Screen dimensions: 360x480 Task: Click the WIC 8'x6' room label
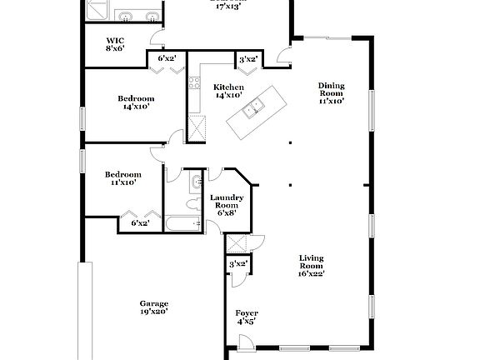coord(116,45)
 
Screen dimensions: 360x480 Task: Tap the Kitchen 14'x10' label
coord(228,92)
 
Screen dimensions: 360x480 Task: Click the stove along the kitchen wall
coord(194,82)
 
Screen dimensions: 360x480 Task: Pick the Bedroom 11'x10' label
coord(122,178)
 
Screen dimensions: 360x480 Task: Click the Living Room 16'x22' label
coord(311,266)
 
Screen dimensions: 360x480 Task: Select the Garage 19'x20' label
coord(153,307)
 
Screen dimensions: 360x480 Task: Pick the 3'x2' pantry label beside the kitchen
coord(247,60)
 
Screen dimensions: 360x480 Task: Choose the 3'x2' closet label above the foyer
coord(238,264)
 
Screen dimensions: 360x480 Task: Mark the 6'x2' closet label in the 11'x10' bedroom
coord(140,222)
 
